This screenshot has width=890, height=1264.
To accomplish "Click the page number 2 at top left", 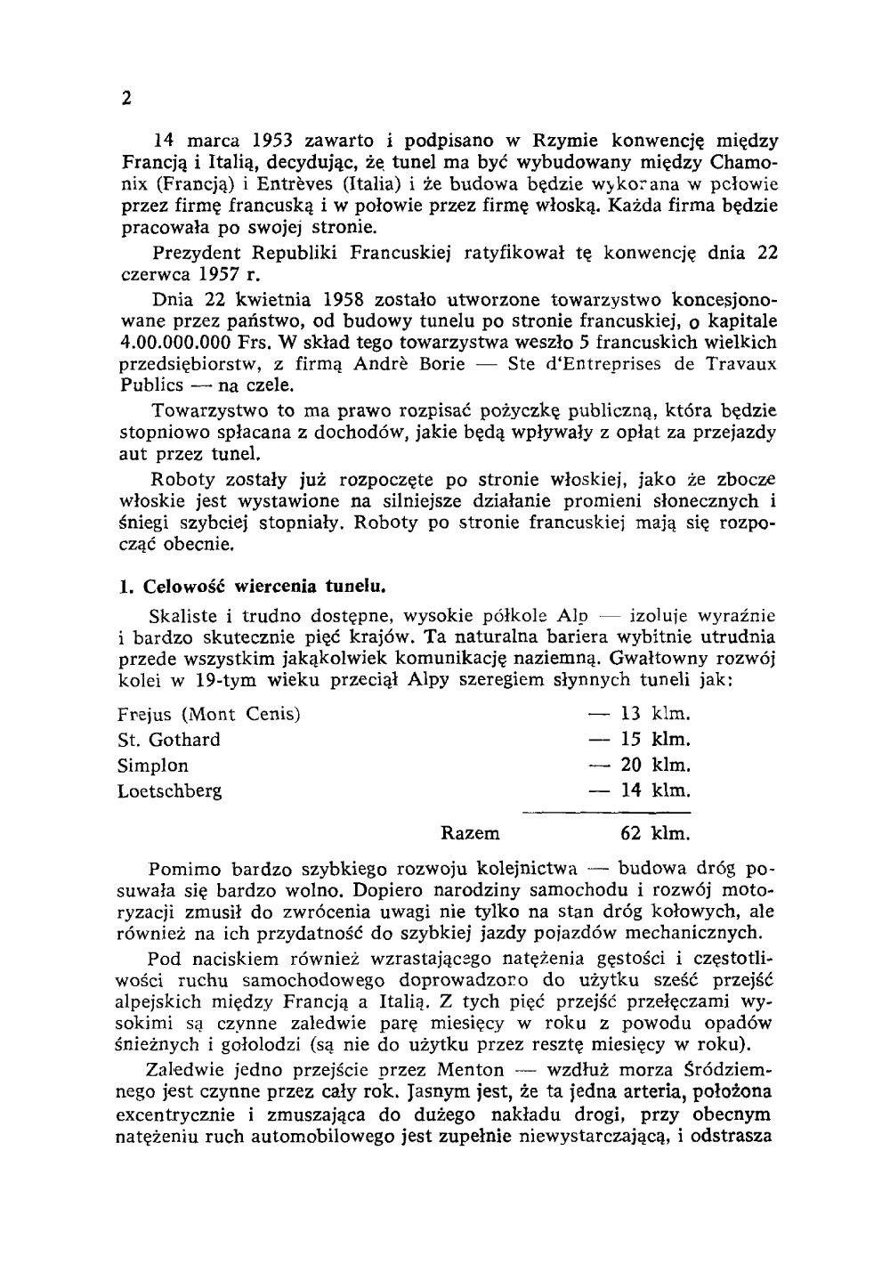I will pyautogui.click(x=125, y=99).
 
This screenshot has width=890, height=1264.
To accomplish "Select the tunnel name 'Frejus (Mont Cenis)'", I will pyautogui.click(x=209, y=715).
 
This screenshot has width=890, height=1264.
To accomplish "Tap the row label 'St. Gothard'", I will pyautogui.click(x=169, y=740).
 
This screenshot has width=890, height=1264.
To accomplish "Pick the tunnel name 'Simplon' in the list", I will pyautogui.click(x=153, y=766).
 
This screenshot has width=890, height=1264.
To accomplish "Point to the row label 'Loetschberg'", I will pyautogui.click(x=170, y=790).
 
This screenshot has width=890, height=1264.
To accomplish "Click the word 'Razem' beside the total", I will pyautogui.click(x=470, y=835).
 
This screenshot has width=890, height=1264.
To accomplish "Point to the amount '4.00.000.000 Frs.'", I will pyautogui.click(x=190, y=343).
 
